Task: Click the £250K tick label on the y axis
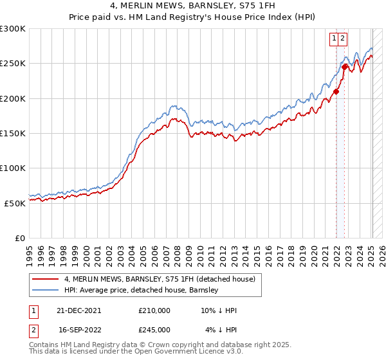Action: [13, 64]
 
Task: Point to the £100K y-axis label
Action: [13, 168]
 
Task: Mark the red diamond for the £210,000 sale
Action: [336, 92]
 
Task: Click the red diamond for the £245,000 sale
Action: [345, 67]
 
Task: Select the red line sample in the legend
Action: [45, 279]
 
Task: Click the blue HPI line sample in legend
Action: [45, 290]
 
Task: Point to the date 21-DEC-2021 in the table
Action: [79, 310]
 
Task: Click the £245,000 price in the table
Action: [154, 329]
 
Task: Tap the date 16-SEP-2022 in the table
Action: [79, 329]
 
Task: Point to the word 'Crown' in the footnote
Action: [166, 345]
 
